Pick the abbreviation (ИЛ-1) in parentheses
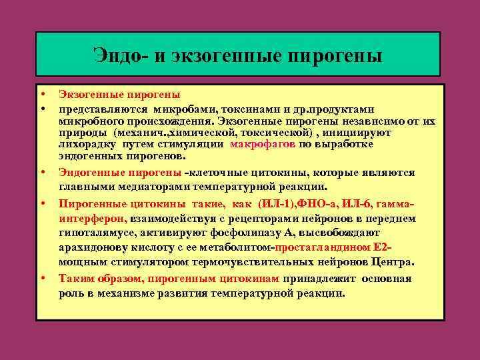278,204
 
